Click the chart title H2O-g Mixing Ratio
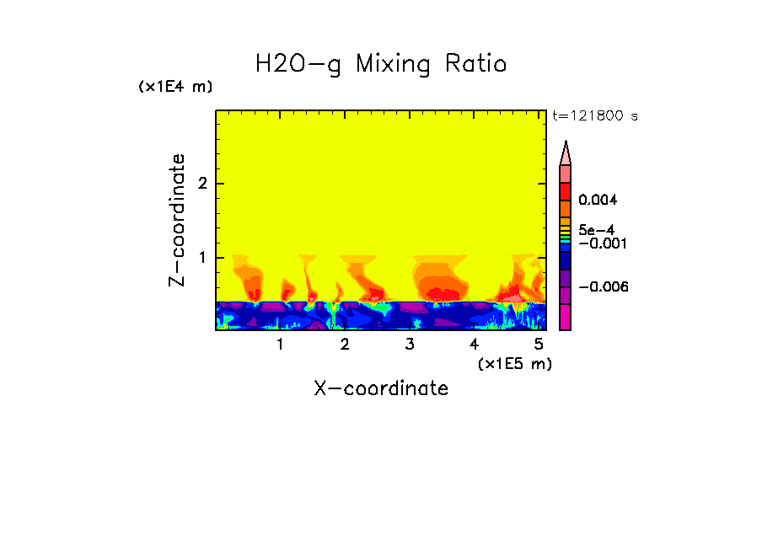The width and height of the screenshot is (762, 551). click(x=381, y=64)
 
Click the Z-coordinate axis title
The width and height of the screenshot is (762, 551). click(x=178, y=220)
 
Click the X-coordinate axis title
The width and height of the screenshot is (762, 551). click(x=381, y=388)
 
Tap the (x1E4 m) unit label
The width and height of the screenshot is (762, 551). click(x=175, y=87)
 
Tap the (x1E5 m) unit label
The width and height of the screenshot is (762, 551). click(x=514, y=363)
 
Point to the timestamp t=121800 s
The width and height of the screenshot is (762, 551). click(x=594, y=115)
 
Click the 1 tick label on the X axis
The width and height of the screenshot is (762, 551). click(x=280, y=345)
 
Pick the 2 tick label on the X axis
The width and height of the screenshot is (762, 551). click(x=345, y=345)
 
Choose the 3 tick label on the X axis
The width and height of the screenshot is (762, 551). click(x=410, y=345)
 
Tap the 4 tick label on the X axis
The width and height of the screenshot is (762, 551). click(x=474, y=345)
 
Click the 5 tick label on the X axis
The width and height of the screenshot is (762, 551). click(x=539, y=345)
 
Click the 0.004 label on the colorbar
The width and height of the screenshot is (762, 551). click(x=598, y=201)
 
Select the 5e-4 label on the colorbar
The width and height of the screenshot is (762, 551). click(x=596, y=229)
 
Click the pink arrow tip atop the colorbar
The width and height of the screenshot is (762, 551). click(x=566, y=152)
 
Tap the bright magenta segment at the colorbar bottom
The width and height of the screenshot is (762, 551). click(x=566, y=317)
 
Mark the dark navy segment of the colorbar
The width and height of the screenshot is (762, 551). click(x=566, y=261)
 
